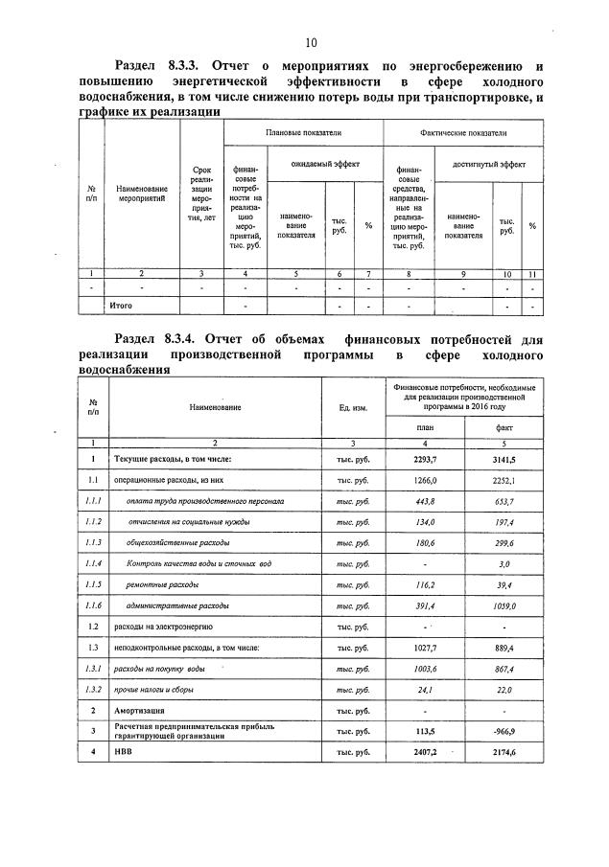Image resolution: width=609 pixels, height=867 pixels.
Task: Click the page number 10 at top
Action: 311,42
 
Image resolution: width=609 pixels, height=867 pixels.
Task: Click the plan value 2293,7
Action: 425,460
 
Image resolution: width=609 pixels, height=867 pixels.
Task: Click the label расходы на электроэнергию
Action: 164,627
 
